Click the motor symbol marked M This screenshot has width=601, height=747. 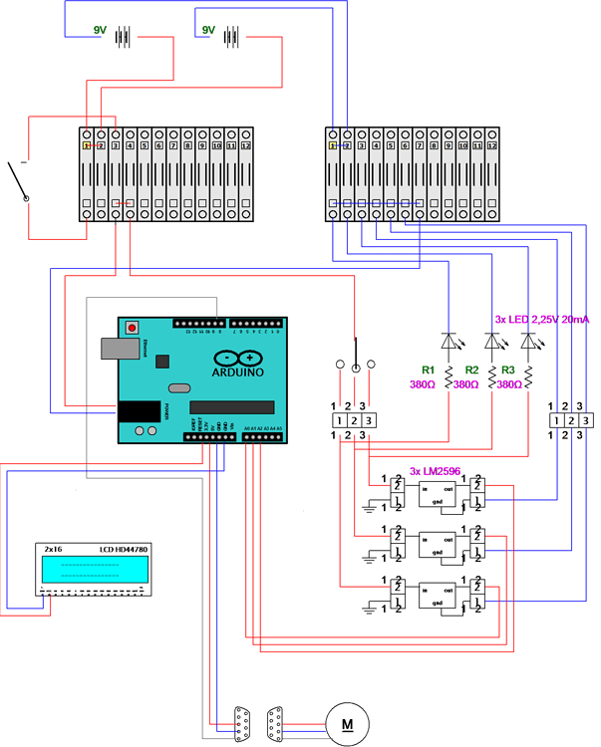(347, 722)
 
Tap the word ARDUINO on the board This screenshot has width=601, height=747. (238, 372)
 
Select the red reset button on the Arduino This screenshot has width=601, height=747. (132, 327)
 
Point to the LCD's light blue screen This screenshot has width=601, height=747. (94, 569)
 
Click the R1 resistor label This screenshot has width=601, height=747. (429, 370)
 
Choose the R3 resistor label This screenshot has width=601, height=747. (509, 370)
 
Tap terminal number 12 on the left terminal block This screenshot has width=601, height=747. (245, 145)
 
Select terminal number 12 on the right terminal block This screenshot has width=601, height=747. (491, 145)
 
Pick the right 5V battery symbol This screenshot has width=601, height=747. (231, 37)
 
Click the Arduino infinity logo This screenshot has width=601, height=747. (237, 356)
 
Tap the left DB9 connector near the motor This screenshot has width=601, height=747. (242, 722)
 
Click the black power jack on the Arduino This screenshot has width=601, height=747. (140, 411)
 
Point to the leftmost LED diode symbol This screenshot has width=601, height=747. (449, 341)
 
